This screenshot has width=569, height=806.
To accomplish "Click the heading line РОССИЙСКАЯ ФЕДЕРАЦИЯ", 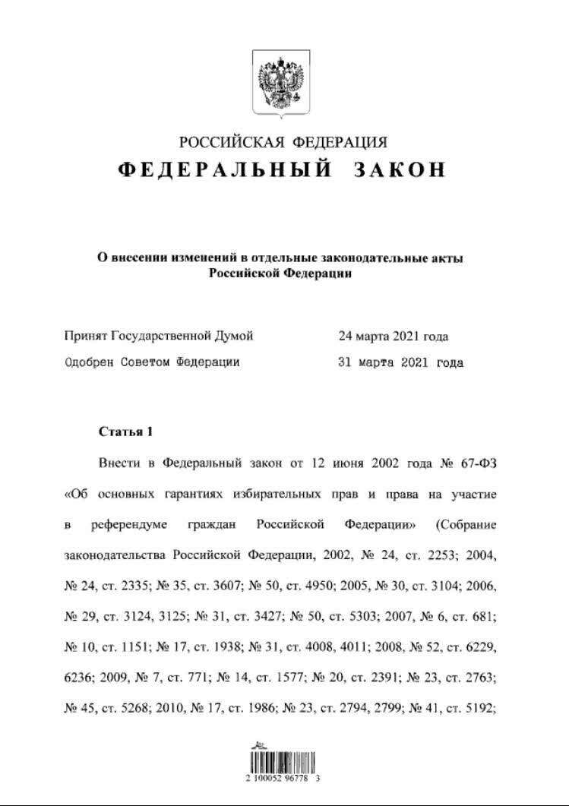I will tap(283, 142).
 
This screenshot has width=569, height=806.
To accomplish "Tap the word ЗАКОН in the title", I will tap(399, 169).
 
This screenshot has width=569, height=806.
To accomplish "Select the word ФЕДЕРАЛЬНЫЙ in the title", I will tap(225, 169).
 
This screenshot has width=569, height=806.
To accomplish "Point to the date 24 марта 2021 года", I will tap(393, 336).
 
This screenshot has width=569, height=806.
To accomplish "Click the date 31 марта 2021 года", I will tap(400, 362).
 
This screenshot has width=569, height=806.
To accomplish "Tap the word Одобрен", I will tap(89, 362).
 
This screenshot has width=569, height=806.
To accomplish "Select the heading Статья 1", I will tap(126, 431).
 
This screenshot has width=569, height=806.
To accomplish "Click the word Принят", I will tap(86, 336).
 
